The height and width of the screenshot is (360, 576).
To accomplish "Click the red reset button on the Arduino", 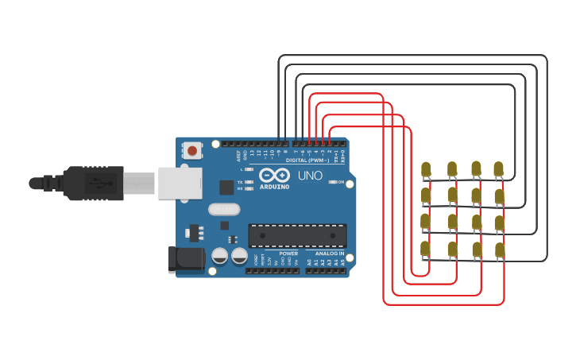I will pos(192,149).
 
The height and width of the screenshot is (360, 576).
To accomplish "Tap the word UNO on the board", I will pos(309,176).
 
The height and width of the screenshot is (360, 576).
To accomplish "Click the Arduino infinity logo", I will pos(274,176).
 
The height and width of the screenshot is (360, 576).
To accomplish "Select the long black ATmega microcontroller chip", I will pos(297,235).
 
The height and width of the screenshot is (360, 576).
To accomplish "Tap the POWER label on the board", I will pos(288,254).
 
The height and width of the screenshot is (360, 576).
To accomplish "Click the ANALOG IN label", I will pos(330,254).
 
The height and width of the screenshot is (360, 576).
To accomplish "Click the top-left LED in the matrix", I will pos(426,169).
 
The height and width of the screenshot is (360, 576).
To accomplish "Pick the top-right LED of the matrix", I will pos(499,169).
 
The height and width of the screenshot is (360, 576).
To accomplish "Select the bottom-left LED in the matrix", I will pos(426,250).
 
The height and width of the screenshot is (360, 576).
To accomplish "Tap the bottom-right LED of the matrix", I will pos(500,251).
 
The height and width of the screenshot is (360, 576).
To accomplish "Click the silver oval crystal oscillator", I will pos(223,210).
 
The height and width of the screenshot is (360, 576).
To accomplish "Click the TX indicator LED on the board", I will pos(249,182).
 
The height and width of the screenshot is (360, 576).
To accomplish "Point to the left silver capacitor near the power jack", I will pos(220,256).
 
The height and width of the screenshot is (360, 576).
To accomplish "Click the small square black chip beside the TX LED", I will pos(226,188).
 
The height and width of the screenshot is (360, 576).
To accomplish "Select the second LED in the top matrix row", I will pos(451,169).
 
